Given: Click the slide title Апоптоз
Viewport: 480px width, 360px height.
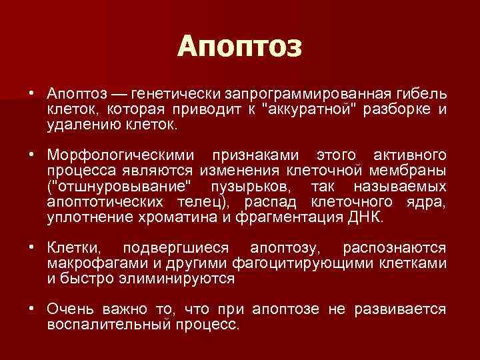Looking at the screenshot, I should click(240, 47).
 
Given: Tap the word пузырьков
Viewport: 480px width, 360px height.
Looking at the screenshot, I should click(243, 187).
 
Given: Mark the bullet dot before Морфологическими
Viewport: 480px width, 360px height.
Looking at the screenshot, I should click(31, 155).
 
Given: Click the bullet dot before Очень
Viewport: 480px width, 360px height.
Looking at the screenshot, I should click(31, 310).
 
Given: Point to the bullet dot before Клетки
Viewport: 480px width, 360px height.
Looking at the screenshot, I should click(31, 249).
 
